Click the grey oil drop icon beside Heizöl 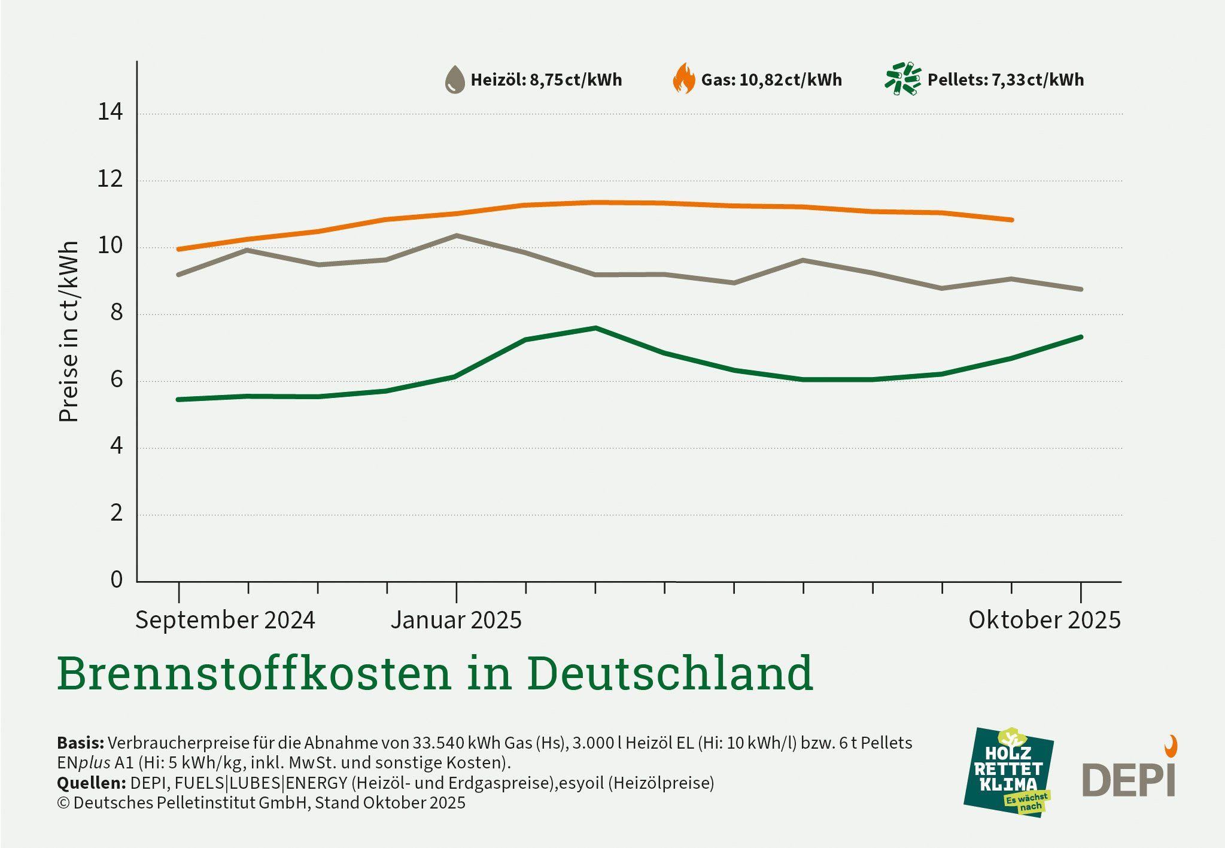coord(455,80)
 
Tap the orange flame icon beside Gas coord(684,79)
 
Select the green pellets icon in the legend coord(903,79)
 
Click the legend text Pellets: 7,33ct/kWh coord(1005,80)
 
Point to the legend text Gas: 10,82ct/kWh coord(771,80)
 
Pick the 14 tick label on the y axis coord(110,112)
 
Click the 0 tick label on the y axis coord(116,579)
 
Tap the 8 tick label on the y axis coord(116,312)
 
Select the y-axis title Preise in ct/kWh coord(69,332)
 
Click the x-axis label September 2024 coord(225,619)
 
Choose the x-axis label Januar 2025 coord(456,619)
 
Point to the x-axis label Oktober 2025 coord(1044,619)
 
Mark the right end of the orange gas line coord(1011,220)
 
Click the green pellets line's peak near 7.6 coord(595,328)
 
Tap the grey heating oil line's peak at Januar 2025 coord(456,236)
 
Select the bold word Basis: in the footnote coord(80,743)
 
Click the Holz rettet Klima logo coord(1008,772)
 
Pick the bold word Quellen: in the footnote coord(91,783)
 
